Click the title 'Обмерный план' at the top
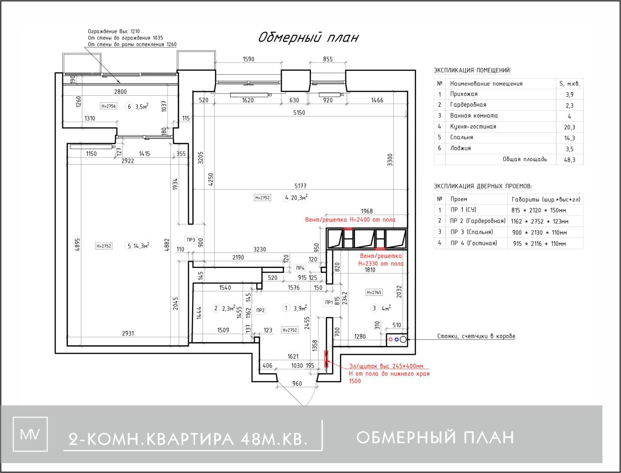tap(308, 38)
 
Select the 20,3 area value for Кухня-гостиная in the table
tap(570, 127)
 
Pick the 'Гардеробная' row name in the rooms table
tap(468, 105)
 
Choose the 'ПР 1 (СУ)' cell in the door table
tap(463, 210)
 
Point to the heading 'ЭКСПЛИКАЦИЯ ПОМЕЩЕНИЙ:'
tap(472, 71)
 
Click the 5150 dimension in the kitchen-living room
tap(299, 113)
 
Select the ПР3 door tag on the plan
tap(190, 239)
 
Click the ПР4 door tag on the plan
tap(300, 267)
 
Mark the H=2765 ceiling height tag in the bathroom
tap(374, 292)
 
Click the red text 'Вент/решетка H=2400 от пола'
tap(350, 220)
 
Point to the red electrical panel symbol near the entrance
tap(326, 359)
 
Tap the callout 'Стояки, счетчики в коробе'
tap(476, 337)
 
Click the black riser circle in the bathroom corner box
tap(403, 339)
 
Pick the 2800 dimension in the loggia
tap(120, 91)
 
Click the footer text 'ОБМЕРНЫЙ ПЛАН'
tap(435, 438)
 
